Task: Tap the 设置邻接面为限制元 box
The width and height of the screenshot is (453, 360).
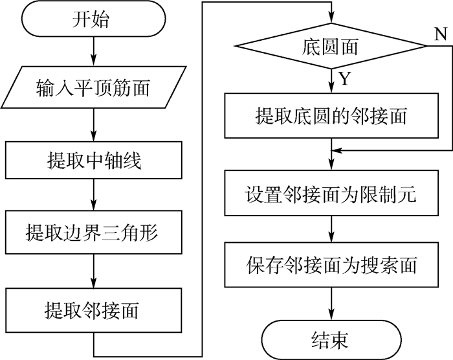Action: click(x=331, y=194)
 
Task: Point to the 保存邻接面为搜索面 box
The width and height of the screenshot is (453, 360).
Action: click(x=331, y=265)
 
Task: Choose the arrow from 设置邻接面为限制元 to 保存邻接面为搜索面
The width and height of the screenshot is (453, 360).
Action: click(x=331, y=229)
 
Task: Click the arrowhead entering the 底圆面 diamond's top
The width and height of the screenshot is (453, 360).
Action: click(x=331, y=21)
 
